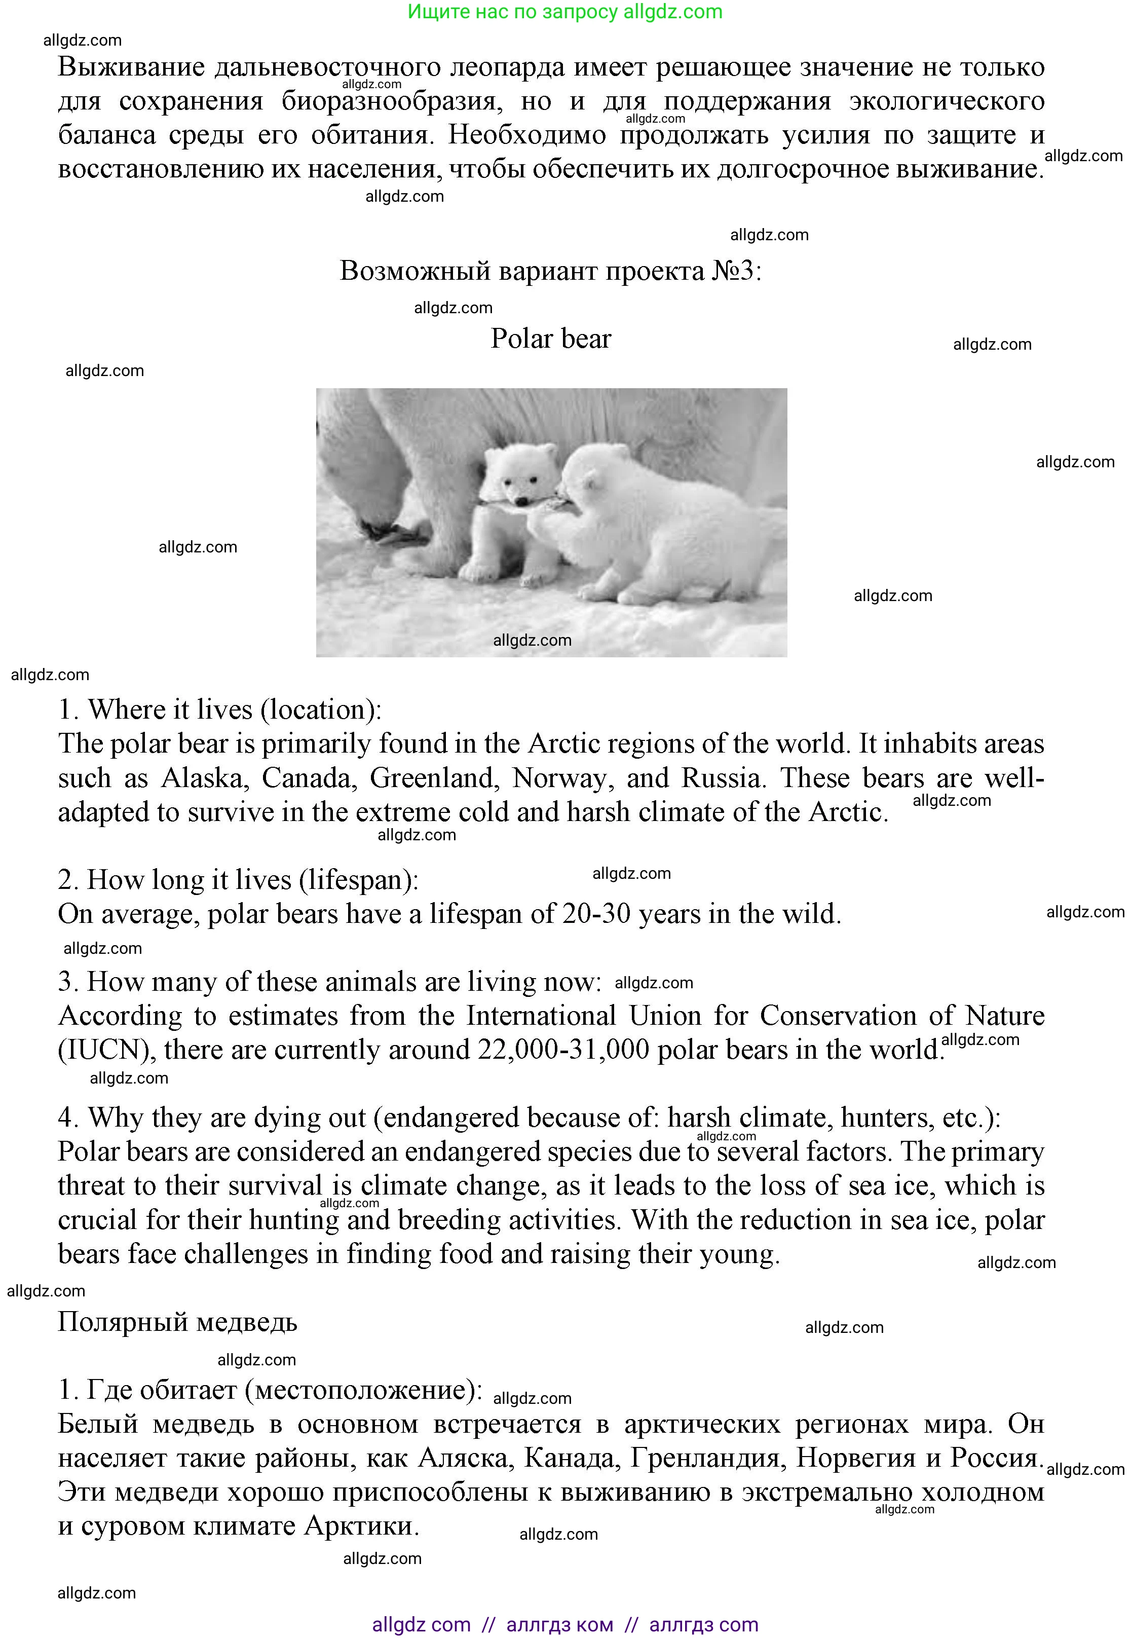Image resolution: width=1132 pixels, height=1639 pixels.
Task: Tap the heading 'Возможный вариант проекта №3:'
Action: pyautogui.click(x=550, y=271)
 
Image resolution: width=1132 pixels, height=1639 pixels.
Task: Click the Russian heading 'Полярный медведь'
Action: pyautogui.click(x=177, y=1322)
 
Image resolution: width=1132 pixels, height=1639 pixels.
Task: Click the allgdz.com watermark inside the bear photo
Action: pyautogui.click(x=532, y=641)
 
